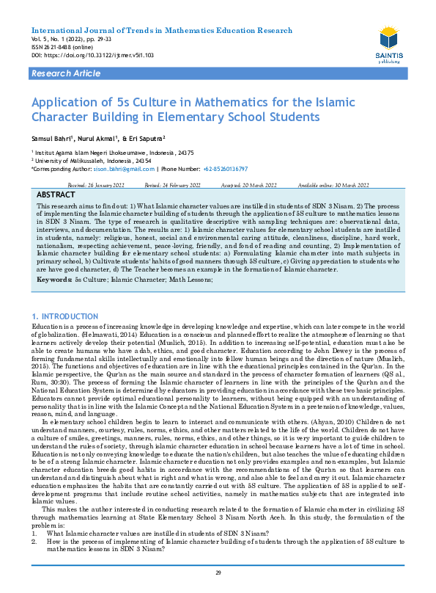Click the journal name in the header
pos(161,31)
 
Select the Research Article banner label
pos(65,74)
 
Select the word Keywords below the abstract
pos(53,280)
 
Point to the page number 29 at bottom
pos(218,573)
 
